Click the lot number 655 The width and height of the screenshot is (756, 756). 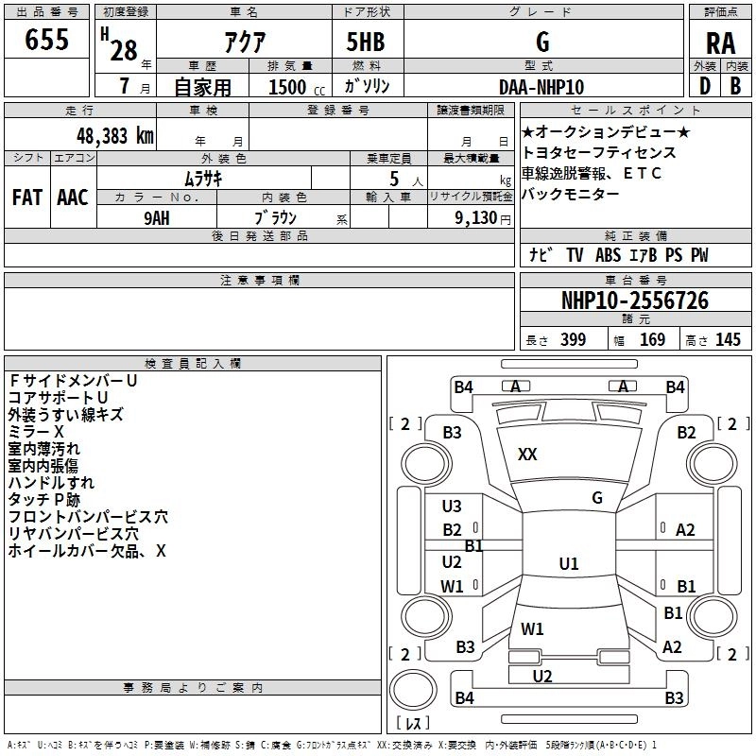(x=46, y=41)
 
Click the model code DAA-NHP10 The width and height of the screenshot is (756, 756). (x=541, y=86)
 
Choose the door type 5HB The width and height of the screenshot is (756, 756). (x=366, y=42)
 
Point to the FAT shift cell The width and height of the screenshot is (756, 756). (x=26, y=197)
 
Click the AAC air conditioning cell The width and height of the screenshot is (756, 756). (x=72, y=197)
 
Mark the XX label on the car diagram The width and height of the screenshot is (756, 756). (x=527, y=455)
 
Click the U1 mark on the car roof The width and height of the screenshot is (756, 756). (x=568, y=564)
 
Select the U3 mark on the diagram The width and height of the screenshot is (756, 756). (x=452, y=507)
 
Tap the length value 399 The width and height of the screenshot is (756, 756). (x=573, y=340)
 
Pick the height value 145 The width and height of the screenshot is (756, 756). (x=728, y=340)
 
